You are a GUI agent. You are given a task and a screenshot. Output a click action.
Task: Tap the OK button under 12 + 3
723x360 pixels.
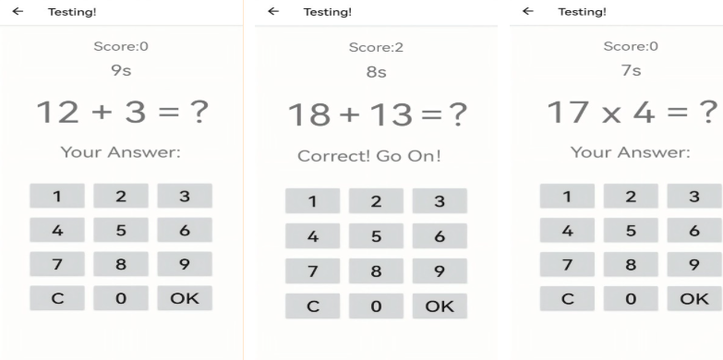pos(185,298)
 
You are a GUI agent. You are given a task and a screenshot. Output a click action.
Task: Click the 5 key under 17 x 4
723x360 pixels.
pos(631,230)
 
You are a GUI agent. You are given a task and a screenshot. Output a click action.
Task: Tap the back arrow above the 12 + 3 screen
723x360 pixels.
pos(18,11)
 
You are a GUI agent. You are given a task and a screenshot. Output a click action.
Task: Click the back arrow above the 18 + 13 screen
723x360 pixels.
pos(273,11)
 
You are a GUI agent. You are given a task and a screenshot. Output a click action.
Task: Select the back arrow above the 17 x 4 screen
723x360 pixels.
pos(528,11)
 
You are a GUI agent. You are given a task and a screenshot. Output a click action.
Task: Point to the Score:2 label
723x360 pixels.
pos(376,47)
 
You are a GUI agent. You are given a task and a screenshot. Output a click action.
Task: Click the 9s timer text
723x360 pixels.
pos(121,70)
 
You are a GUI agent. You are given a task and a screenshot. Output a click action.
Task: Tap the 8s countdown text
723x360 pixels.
pos(376,72)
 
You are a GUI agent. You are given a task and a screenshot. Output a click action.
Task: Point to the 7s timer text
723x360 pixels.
pos(631,70)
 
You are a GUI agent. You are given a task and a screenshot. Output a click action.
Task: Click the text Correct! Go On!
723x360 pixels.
pos(369,156)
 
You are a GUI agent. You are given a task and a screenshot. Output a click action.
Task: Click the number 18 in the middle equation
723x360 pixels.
pos(309,114)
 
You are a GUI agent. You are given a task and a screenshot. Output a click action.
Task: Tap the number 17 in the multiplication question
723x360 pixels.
pos(568,112)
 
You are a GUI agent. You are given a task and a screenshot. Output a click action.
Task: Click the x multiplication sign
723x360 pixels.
pos(611,114)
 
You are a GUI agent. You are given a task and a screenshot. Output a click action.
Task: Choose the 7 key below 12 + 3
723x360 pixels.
pos(57,264)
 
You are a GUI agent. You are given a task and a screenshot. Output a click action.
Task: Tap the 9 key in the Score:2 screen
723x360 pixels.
pos(440,270)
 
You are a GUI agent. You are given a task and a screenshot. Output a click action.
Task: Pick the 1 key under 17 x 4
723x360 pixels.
pos(567,196)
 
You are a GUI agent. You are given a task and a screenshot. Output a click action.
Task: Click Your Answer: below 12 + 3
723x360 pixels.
pos(121,152)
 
